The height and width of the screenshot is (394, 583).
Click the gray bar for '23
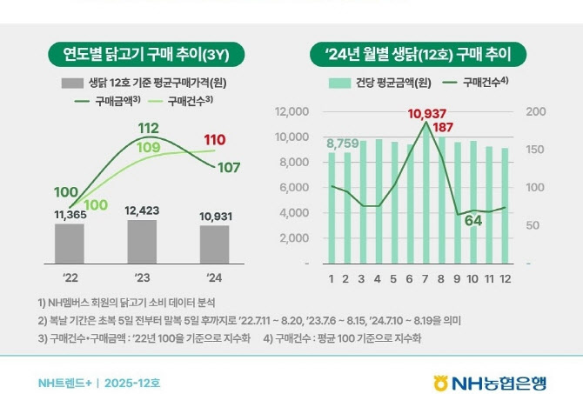142,241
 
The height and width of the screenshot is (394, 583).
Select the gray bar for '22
69,243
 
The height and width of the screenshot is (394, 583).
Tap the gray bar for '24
214,244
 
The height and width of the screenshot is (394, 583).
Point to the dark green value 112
147,129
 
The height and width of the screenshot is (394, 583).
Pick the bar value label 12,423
142,210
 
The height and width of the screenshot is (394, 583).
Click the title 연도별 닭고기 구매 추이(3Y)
144,54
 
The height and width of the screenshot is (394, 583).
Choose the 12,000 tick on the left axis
291,112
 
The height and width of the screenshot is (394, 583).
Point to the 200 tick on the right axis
537,112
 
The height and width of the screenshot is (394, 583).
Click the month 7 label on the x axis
426,279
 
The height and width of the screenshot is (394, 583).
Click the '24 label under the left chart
214,279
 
